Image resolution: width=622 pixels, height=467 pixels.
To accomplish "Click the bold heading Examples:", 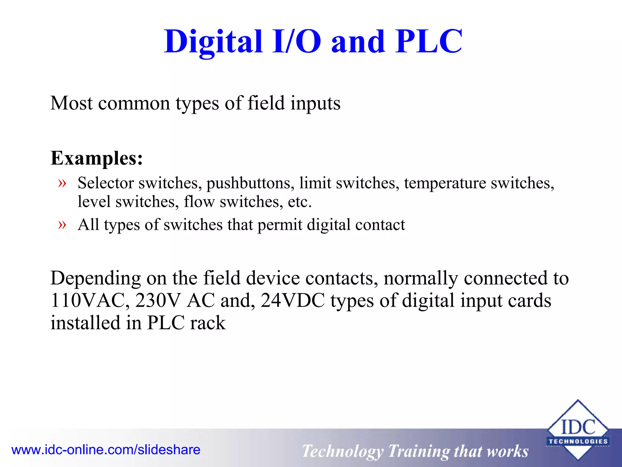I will point(97,158).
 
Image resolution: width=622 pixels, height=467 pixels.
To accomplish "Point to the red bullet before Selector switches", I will point(62,183).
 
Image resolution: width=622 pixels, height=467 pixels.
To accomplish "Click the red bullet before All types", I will point(62,225).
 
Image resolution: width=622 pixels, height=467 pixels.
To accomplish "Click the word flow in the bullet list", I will point(199,202).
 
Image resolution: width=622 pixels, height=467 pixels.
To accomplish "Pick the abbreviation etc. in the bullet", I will point(300,202).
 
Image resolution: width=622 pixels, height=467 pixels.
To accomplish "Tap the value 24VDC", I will point(293,301).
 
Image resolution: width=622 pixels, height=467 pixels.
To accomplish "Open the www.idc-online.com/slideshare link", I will point(106,450).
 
